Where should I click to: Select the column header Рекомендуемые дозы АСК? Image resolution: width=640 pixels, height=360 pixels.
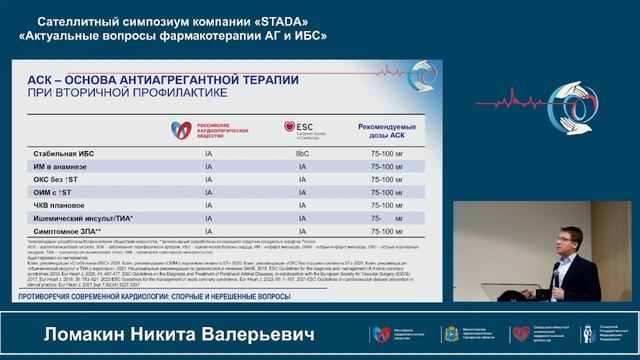click(386, 133)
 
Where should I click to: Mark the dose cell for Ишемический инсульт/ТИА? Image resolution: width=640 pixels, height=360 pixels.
click(387, 217)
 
